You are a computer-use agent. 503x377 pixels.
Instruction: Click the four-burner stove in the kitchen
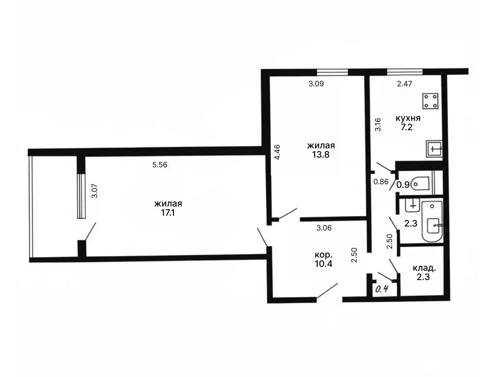pos(430,101)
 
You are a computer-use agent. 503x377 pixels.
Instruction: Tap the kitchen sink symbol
pos(434,149)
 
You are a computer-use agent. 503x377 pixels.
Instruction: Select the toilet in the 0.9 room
pos(420,183)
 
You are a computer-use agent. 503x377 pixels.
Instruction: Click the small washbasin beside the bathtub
pos(412,205)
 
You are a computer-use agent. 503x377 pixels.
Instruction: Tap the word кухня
pos(408,118)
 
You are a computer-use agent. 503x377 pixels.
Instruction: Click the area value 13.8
pos(321,155)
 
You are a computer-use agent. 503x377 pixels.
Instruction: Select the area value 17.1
pos(168,213)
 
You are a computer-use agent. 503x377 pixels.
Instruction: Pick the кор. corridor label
pos(323,255)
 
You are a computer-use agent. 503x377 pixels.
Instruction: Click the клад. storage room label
pos(424,268)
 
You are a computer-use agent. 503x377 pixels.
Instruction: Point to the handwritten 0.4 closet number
pos(382,289)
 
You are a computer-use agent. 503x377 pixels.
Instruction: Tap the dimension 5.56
pos(160,165)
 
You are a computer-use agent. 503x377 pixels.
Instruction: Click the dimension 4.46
pos(277,152)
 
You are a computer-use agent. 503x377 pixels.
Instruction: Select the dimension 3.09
pos(316,84)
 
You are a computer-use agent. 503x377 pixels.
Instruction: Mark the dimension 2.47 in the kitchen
pos(405,84)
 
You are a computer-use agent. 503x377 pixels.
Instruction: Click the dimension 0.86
pos(381,182)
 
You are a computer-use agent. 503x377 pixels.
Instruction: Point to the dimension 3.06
pos(324,228)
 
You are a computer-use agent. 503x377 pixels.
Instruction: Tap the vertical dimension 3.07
pos(94,191)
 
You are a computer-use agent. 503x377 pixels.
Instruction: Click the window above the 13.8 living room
pos(332,72)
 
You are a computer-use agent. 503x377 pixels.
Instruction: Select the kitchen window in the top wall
pos(405,72)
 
